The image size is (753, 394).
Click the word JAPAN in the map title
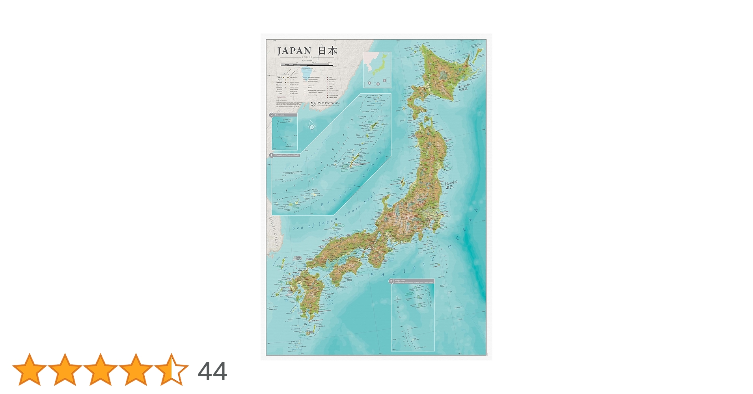pyautogui.click(x=294, y=51)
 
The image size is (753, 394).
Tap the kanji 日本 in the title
pyautogui.click(x=328, y=51)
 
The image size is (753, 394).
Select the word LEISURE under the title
pyautogui.click(x=307, y=58)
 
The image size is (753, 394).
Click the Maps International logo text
pyautogui.click(x=329, y=103)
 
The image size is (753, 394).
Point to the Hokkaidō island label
pyautogui.click(x=464, y=86)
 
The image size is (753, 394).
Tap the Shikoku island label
pyautogui.click(x=348, y=278)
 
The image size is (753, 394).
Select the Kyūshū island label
pyautogui.click(x=329, y=294)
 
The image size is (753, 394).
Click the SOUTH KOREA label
pyautogui.click(x=274, y=232)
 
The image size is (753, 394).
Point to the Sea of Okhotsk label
pyautogui.click(x=454, y=51)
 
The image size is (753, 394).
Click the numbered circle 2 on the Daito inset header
pyautogui.click(x=271, y=115)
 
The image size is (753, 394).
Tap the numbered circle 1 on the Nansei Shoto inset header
pyautogui.click(x=271, y=155)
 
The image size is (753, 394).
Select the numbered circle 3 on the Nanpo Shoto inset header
pyautogui.click(x=391, y=281)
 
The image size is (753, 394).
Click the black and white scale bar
pyautogui.click(x=307, y=64)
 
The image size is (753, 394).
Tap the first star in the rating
pyautogui.click(x=29, y=370)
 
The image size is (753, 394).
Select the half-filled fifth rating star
pyautogui.click(x=171, y=370)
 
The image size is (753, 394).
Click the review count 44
pyautogui.click(x=212, y=372)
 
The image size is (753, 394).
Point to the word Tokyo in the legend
pyautogui.click(x=280, y=77)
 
